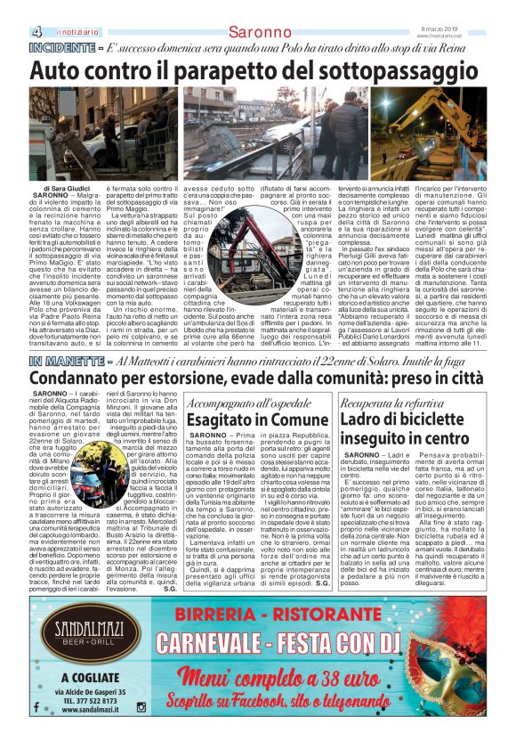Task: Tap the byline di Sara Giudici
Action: click(57, 189)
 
